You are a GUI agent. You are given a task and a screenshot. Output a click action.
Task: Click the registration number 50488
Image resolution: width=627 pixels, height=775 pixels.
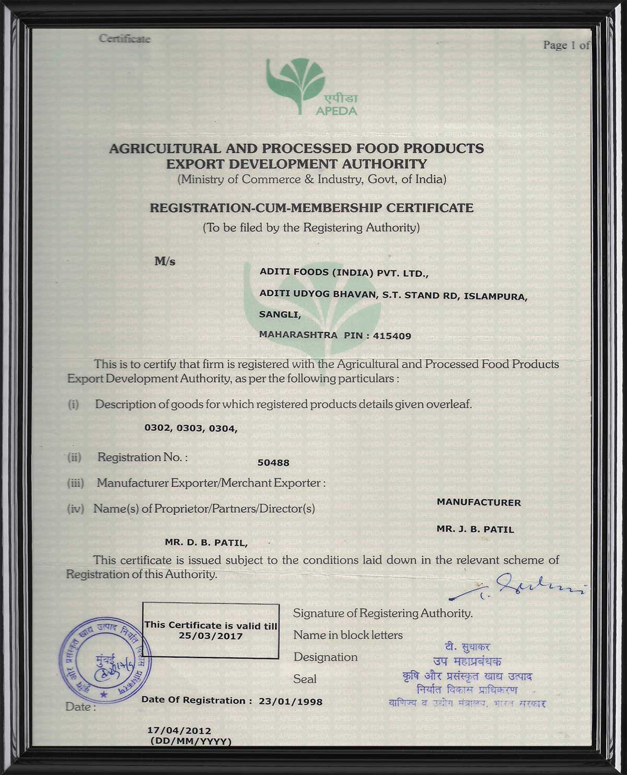pyautogui.click(x=273, y=463)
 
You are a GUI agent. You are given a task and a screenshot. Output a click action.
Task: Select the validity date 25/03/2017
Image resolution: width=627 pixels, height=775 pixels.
pyautogui.click(x=211, y=636)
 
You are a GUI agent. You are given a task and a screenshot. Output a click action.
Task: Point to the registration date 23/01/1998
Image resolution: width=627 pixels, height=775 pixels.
pyautogui.click(x=291, y=701)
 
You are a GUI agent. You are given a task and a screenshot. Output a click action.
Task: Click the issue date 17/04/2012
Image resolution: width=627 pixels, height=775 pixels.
pyautogui.click(x=179, y=731)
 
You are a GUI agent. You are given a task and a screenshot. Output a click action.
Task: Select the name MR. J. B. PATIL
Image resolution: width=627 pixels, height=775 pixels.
pyautogui.click(x=475, y=529)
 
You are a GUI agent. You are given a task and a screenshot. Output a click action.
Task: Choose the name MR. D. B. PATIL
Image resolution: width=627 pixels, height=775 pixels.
pyautogui.click(x=206, y=543)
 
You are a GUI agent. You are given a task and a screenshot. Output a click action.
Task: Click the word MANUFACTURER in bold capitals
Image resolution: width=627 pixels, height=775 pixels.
pyautogui.click(x=479, y=502)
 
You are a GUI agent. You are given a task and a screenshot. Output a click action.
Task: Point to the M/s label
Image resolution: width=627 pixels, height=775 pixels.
pyautogui.click(x=165, y=262)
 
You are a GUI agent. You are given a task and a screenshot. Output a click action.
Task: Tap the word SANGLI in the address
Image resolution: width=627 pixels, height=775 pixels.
pyautogui.click(x=280, y=314)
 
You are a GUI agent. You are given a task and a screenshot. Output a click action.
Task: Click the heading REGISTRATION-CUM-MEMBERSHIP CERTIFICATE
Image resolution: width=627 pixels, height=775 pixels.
pyautogui.click(x=311, y=208)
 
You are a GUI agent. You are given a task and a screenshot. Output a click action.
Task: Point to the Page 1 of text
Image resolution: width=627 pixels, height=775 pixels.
pyautogui.click(x=566, y=45)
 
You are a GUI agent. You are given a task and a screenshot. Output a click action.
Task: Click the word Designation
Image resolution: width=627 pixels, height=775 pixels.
pyautogui.click(x=326, y=657)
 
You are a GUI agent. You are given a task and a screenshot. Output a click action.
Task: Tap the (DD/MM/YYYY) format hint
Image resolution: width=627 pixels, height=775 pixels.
pyautogui.click(x=190, y=741)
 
